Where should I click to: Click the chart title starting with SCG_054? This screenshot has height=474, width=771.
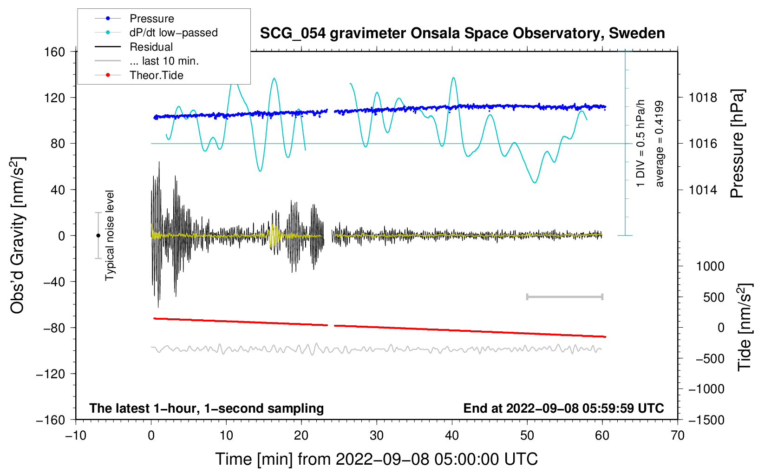pyautogui.click(x=462, y=33)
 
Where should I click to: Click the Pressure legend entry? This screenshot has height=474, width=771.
pyautogui.click(x=151, y=19)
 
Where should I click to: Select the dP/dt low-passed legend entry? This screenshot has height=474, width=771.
pyautogui.click(x=173, y=33)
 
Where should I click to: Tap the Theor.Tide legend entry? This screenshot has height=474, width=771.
pyautogui.click(x=156, y=75)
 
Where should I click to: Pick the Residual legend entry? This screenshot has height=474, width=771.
pyautogui.click(x=151, y=47)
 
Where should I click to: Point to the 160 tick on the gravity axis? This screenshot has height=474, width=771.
pyautogui.click(x=55, y=52)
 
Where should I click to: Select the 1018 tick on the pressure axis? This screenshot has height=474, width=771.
pyautogui.click(x=703, y=98)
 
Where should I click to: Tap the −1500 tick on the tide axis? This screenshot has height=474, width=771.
pyautogui.click(x=706, y=420)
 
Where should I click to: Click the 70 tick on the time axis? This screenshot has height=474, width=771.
pyautogui.click(x=678, y=435)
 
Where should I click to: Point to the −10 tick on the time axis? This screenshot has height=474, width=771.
pyautogui.click(x=76, y=435)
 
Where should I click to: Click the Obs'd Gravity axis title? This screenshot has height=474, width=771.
pyautogui.click(x=18, y=235)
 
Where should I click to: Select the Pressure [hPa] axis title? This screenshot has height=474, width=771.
pyautogui.click(x=738, y=144)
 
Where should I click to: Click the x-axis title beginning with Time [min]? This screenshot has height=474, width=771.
pyautogui.click(x=376, y=459)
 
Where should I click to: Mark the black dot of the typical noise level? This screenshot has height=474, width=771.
pyautogui.click(x=98, y=236)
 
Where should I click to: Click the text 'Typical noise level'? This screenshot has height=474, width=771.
pyautogui.click(x=110, y=235)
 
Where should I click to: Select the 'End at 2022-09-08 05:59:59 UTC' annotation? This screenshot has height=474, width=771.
pyautogui.click(x=563, y=408)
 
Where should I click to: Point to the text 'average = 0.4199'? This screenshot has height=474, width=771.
pyautogui.click(x=660, y=144)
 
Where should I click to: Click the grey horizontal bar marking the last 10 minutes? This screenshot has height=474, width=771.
pyautogui.click(x=564, y=296)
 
